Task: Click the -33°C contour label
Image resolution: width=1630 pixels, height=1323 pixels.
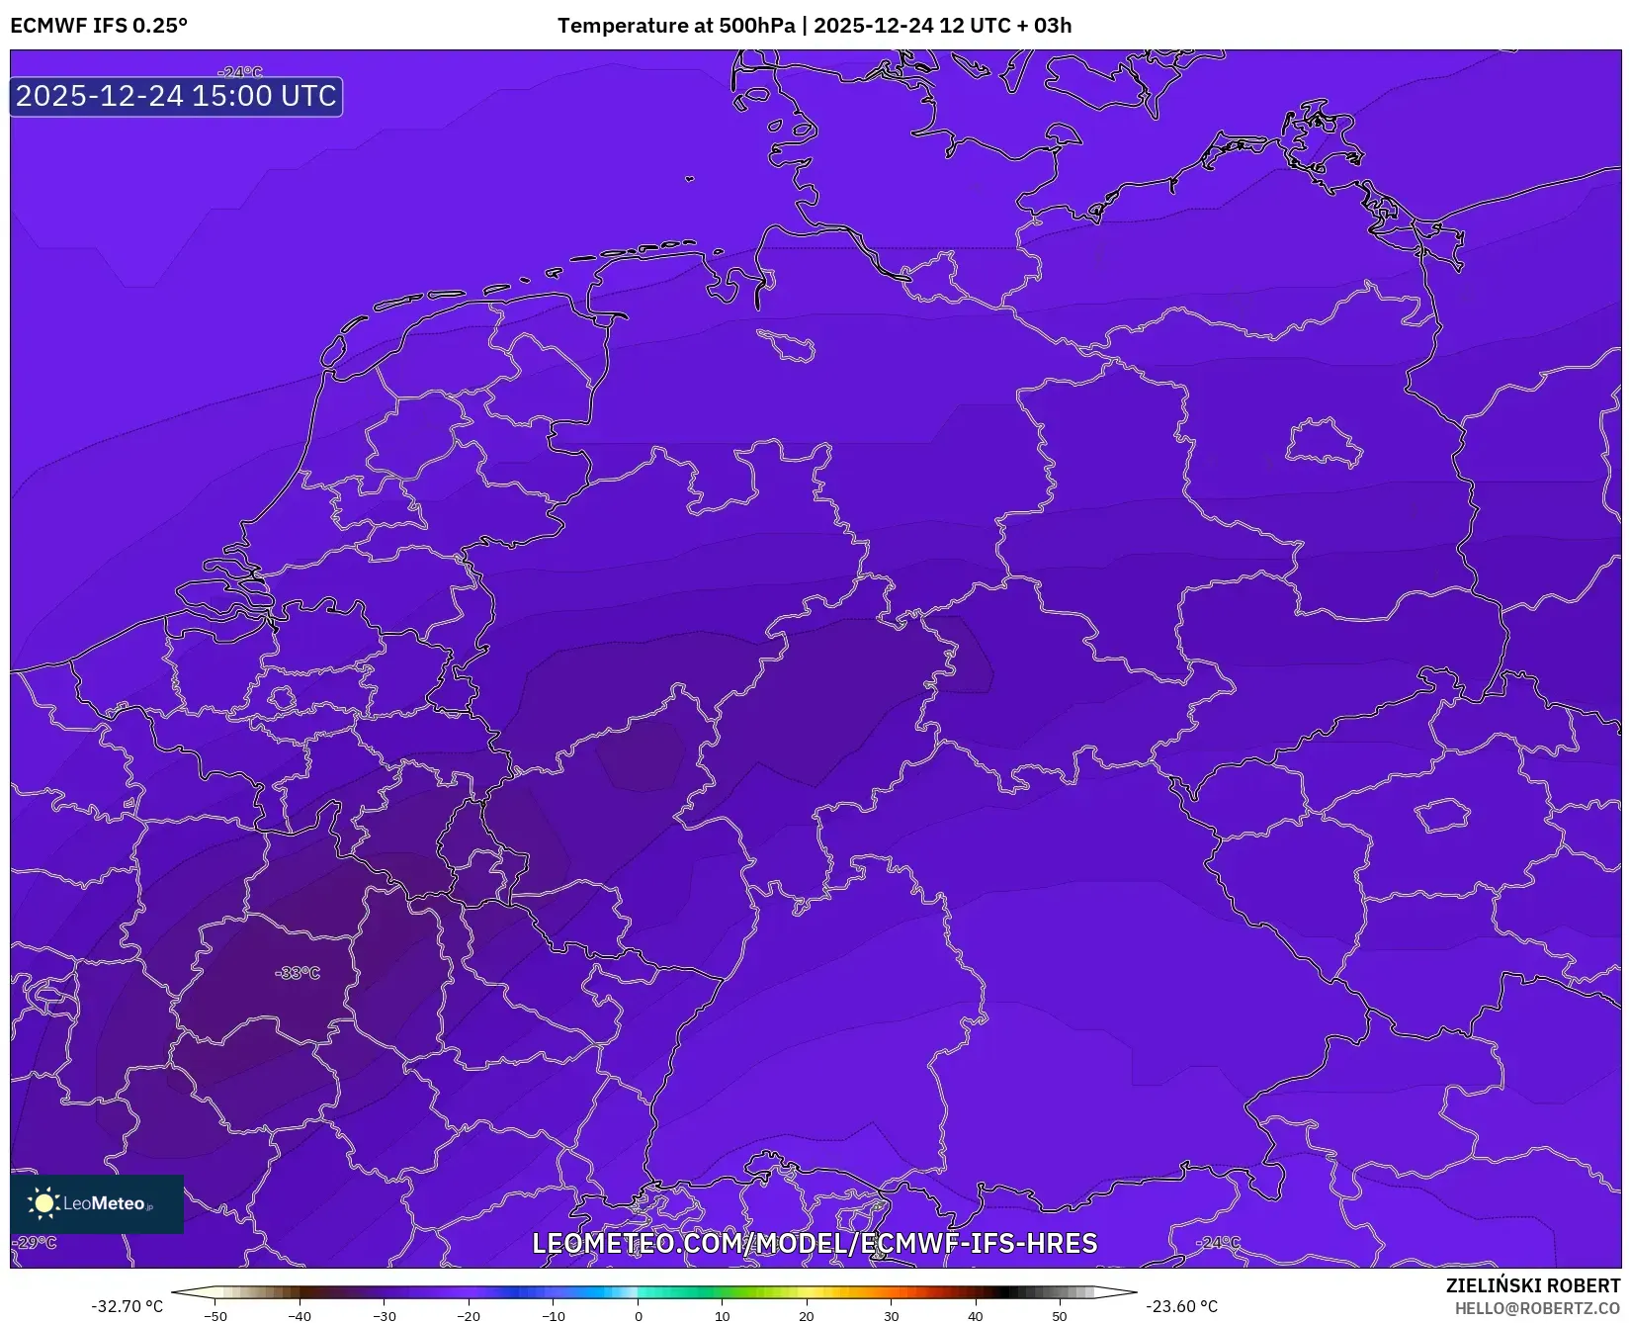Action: [x=298, y=973]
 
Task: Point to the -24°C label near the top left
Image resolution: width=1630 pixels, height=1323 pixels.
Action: [x=240, y=72]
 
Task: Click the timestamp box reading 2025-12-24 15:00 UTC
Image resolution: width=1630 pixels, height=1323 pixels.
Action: [x=176, y=96]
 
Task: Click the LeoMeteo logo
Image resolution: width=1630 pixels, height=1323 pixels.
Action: [x=97, y=1203]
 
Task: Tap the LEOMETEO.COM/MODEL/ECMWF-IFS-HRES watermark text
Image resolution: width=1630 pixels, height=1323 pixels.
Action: [x=815, y=1243]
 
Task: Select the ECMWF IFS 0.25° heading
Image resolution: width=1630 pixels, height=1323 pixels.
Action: [x=99, y=26]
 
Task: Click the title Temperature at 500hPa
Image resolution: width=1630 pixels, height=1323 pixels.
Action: [x=676, y=26]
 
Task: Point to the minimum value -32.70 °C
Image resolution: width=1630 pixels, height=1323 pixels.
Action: [x=128, y=1306]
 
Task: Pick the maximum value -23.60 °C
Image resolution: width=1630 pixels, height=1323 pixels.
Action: [x=1181, y=1306]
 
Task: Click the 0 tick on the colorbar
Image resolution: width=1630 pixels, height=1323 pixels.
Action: [x=638, y=1315]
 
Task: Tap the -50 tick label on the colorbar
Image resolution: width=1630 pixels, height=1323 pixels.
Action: [x=215, y=1315]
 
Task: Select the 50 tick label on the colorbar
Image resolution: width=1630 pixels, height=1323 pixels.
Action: [x=1060, y=1315]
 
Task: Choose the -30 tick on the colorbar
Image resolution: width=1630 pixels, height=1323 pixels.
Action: [x=385, y=1315]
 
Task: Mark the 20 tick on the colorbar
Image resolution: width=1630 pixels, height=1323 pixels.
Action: [x=807, y=1315]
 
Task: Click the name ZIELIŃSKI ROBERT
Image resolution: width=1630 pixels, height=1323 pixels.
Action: [x=1533, y=1285]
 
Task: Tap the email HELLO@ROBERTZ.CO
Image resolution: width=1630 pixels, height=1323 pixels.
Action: [x=1537, y=1308]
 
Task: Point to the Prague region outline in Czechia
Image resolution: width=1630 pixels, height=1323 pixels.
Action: [x=1442, y=816]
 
